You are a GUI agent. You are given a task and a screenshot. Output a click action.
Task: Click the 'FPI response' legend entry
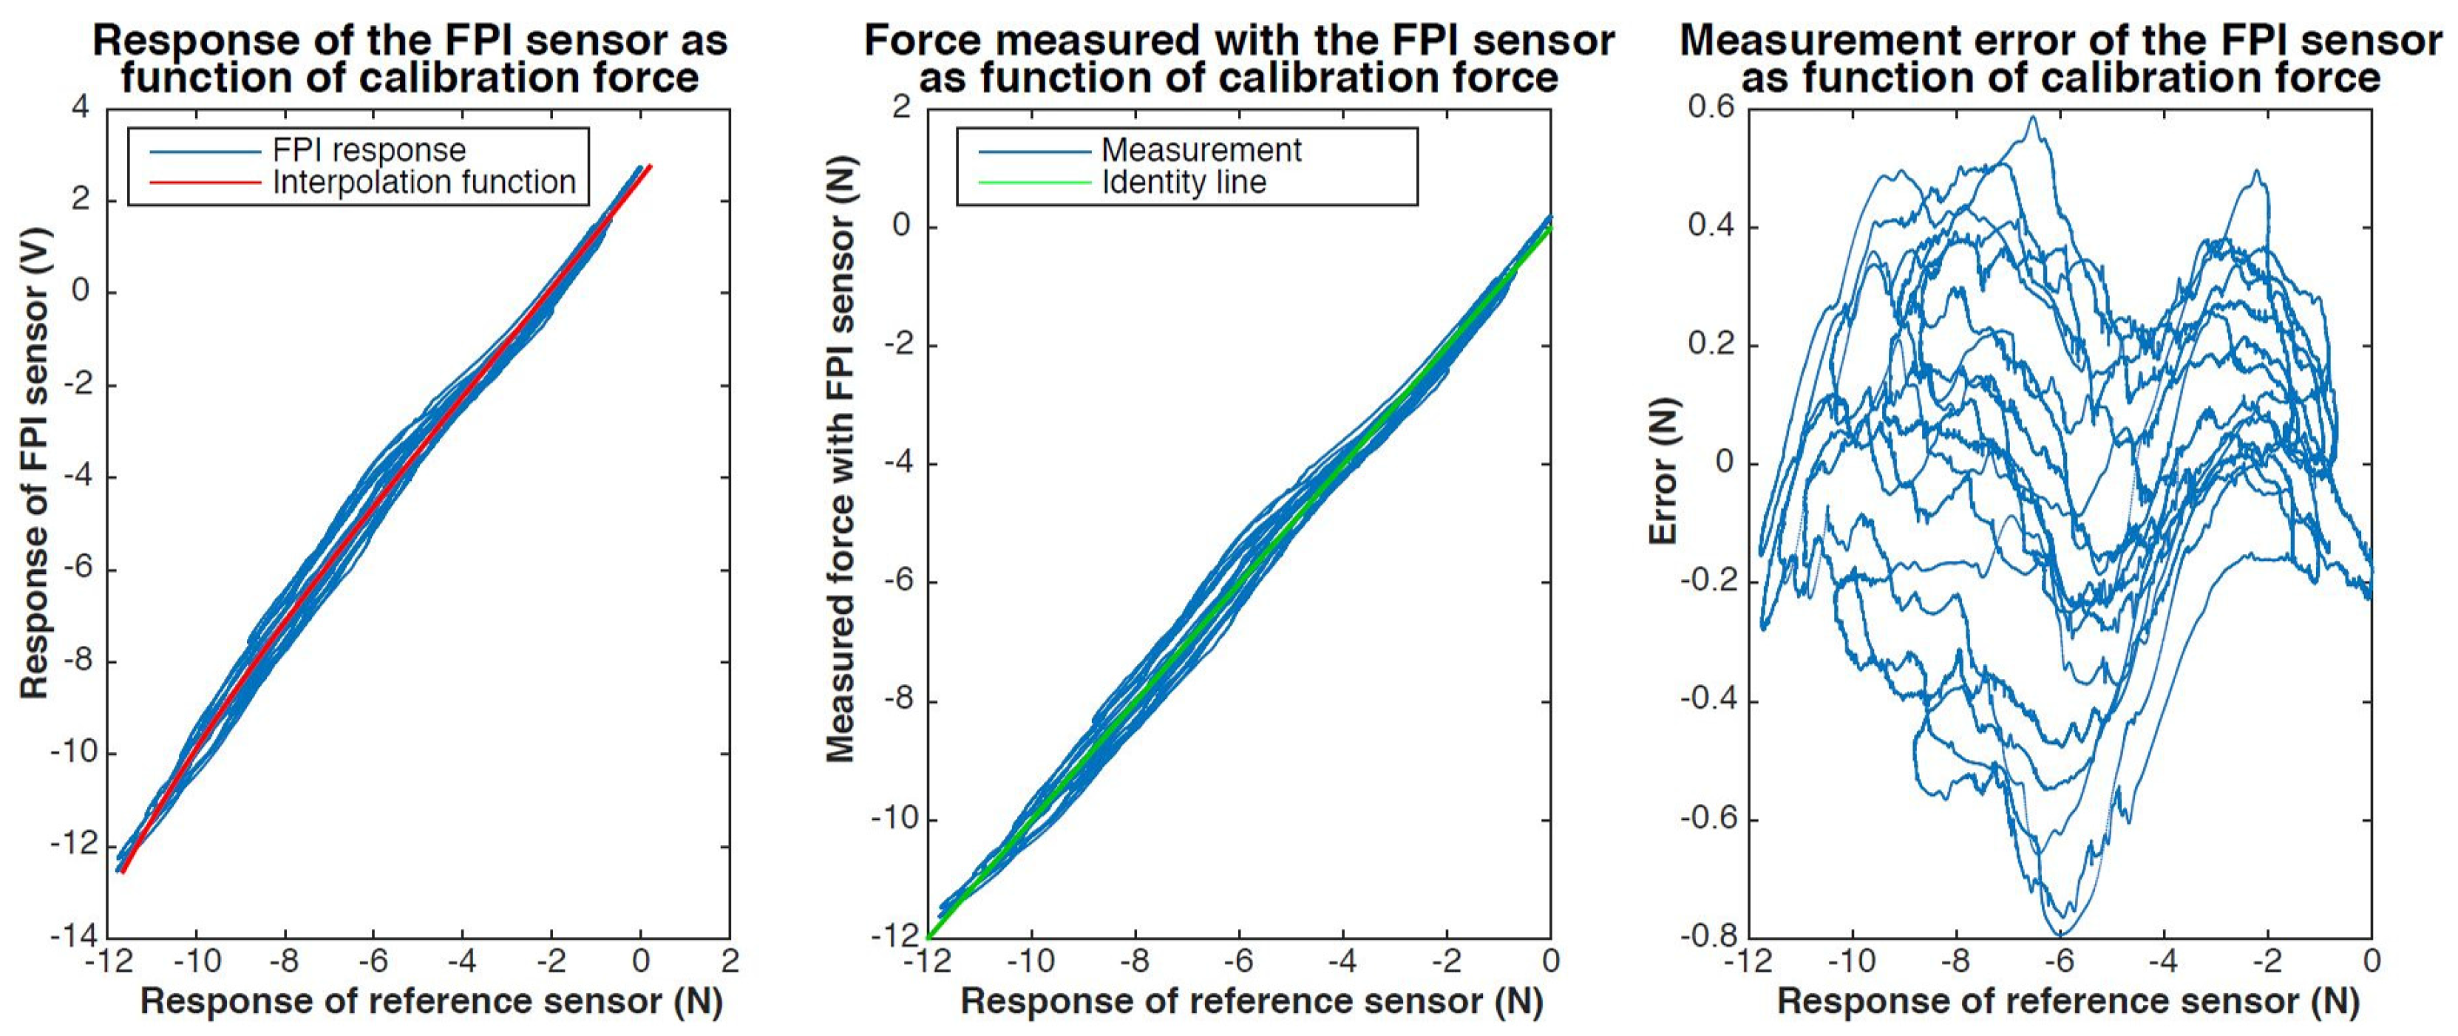(x=368, y=151)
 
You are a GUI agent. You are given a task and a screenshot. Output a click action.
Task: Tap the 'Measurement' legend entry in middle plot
(x=1201, y=151)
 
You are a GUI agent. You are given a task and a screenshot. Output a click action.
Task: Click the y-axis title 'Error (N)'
(x=1664, y=470)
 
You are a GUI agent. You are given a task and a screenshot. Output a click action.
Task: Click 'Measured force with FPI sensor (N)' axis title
(x=840, y=458)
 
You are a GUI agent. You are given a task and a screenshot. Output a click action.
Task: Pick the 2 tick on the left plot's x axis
(x=730, y=961)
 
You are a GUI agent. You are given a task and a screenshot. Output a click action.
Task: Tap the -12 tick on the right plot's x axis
(x=1748, y=961)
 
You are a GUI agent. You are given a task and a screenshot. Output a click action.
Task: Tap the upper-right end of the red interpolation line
(x=650, y=166)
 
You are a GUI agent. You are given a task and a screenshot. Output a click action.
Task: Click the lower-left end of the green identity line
(x=928, y=937)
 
